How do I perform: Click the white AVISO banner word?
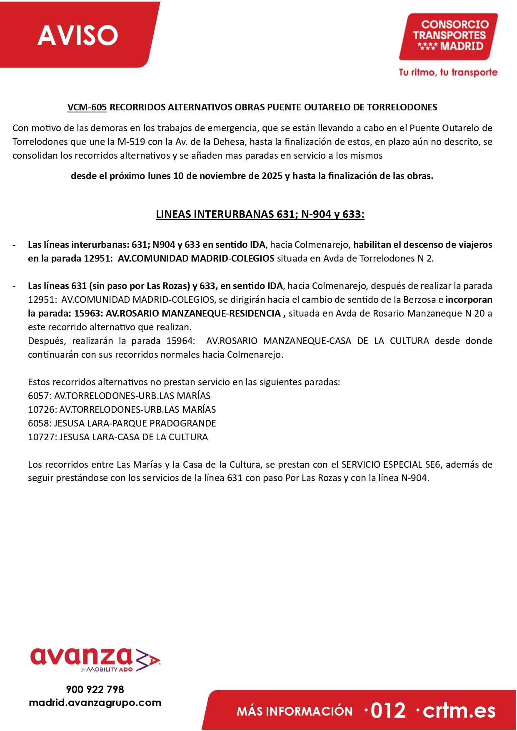point(78,35)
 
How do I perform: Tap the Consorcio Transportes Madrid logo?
point(449,36)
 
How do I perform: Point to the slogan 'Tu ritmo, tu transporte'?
point(448,72)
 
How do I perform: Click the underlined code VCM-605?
point(87,107)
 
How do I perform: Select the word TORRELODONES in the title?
point(402,107)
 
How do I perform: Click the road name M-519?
point(131,142)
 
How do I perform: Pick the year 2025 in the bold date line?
point(272,176)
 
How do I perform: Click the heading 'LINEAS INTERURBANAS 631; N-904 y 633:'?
point(260,214)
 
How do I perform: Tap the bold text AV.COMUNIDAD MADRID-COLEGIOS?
point(196,258)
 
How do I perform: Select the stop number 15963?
point(87,313)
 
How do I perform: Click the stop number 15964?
point(180,341)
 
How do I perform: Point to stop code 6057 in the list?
point(38,396)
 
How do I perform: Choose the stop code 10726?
point(41,409)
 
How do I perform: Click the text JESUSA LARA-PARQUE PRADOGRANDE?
point(135,423)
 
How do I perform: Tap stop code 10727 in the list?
point(41,437)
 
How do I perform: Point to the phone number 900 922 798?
point(95,689)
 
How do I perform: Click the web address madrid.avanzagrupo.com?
point(95,703)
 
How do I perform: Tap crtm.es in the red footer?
point(459,711)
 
